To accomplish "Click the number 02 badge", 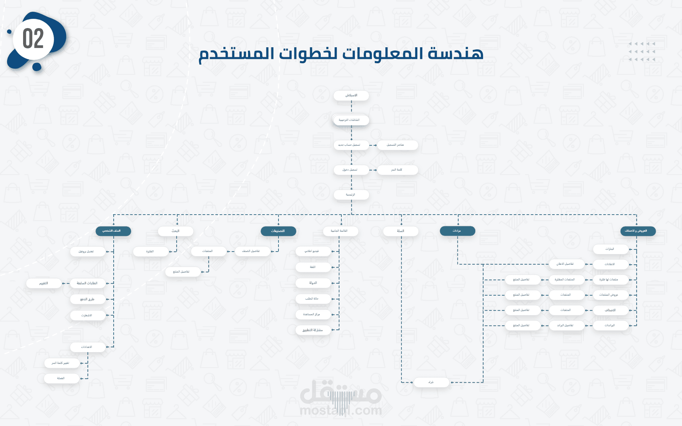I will [x=33, y=39].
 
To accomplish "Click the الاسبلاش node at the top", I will [x=351, y=96].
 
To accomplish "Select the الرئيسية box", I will [x=351, y=195].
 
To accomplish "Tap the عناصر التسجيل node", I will [x=397, y=145].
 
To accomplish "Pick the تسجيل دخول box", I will [x=351, y=170].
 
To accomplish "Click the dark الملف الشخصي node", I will [x=113, y=231].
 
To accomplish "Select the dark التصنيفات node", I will [x=278, y=231].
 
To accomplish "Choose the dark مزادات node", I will [x=457, y=231].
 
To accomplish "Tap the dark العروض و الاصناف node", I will [x=638, y=231].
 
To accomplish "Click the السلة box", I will [x=401, y=231].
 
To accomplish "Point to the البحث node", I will [x=175, y=231].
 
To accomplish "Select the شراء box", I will [x=431, y=382].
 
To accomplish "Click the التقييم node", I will [x=44, y=283].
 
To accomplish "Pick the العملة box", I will [x=61, y=378].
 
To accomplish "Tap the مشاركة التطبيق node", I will [x=313, y=330].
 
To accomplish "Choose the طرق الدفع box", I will [x=87, y=299].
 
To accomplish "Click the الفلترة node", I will [x=151, y=252].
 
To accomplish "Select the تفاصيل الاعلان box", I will [x=566, y=264].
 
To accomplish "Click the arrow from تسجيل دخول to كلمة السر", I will [x=373, y=170].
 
